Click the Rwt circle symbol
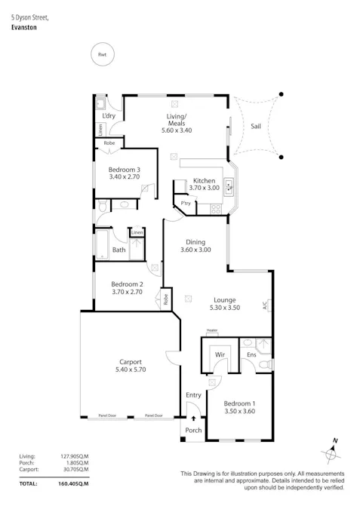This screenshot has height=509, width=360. (101, 54)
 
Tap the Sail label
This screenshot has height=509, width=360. (256, 127)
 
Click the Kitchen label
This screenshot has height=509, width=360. (204, 181)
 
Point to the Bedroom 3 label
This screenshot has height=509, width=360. (124, 170)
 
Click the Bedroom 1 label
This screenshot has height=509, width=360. (239, 403)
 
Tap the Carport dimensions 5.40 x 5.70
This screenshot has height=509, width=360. (130, 369)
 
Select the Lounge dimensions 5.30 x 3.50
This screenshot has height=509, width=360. (224, 308)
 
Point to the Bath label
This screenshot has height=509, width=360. (118, 250)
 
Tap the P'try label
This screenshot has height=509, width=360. (185, 204)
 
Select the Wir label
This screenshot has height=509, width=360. (220, 353)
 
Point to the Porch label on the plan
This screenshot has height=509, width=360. (193, 431)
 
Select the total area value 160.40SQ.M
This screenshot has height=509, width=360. (74, 483)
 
